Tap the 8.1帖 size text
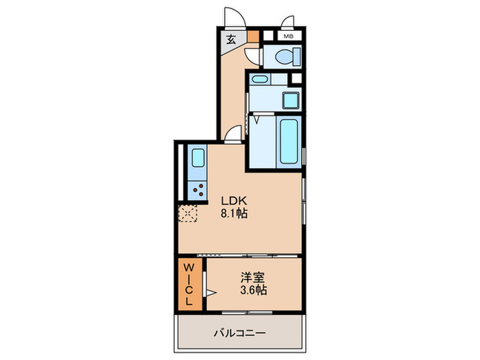233,213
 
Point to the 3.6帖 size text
254,290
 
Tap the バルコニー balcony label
239,333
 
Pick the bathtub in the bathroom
287,141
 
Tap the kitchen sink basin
197,158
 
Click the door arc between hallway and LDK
233,133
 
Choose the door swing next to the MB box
287,22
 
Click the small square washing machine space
290,99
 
